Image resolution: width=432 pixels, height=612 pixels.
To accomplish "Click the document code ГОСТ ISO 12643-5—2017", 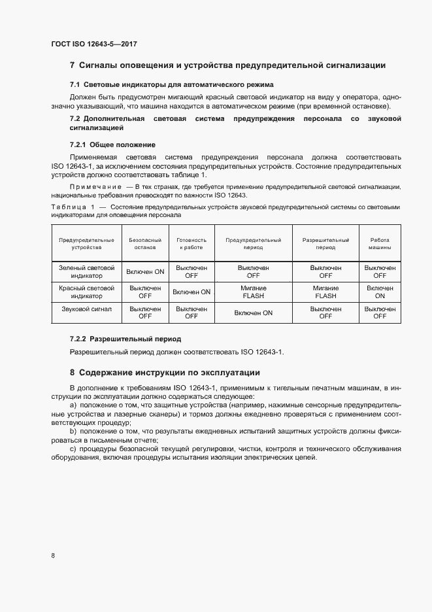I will pos(93,44).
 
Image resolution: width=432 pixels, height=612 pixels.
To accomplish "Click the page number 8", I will pos(53,555).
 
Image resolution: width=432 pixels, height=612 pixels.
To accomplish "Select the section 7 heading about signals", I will pos(227,65).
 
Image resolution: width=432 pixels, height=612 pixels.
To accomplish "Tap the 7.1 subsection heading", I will pos(171,85).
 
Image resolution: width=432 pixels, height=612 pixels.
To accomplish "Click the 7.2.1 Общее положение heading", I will pos(112,144).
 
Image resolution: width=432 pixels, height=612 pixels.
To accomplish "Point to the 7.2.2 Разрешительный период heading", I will pos(125,339).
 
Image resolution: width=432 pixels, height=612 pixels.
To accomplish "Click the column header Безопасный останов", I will pos(145,244).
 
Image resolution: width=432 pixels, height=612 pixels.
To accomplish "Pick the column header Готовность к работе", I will pos(191,244).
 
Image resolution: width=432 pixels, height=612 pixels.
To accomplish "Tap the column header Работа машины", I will pos(380,244).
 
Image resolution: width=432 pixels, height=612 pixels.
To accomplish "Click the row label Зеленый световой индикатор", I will pos(86,272).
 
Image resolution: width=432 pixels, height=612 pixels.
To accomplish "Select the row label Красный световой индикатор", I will pos(86,292).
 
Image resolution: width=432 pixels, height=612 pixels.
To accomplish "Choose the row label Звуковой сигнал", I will pos(86,309).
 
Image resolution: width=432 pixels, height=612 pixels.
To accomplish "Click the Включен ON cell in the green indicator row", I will pos(145,271).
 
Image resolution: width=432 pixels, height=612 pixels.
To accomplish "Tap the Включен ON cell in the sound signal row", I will pos(253,313).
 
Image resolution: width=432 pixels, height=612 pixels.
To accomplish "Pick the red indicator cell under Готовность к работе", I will pos(191,292).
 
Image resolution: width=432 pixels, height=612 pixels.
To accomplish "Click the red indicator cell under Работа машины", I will pos(380,292).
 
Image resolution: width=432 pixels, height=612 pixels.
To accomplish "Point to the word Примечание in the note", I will pos(95,187).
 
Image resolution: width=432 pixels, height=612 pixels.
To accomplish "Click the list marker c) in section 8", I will pos(73,449).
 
